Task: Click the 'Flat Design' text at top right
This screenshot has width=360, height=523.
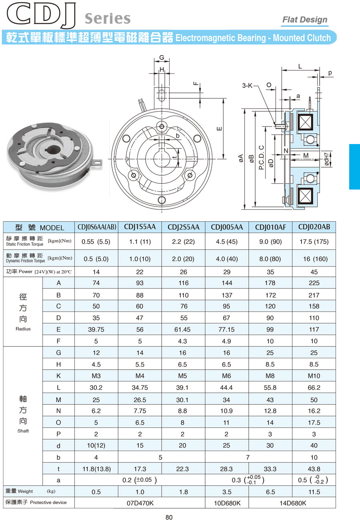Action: pyautogui.click(x=305, y=20)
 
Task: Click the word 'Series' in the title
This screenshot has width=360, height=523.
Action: pyautogui.click(x=108, y=19)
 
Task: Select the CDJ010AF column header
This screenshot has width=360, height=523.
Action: pyautogui.click(x=270, y=227)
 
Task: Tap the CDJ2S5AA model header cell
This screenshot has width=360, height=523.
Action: pyautogui.click(x=184, y=227)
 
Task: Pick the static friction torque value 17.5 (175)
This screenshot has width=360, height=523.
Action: pyautogui.click(x=314, y=242)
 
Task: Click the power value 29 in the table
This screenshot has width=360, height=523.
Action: pyautogui.click(x=227, y=272)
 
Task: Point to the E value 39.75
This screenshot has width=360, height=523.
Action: pyautogui.click(x=96, y=329)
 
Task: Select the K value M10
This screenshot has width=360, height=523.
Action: pyautogui.click(x=314, y=376)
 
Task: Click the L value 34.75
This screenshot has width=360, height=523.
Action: pyautogui.click(x=140, y=388)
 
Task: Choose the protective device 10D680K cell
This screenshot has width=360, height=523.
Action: pyautogui.click(x=227, y=503)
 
